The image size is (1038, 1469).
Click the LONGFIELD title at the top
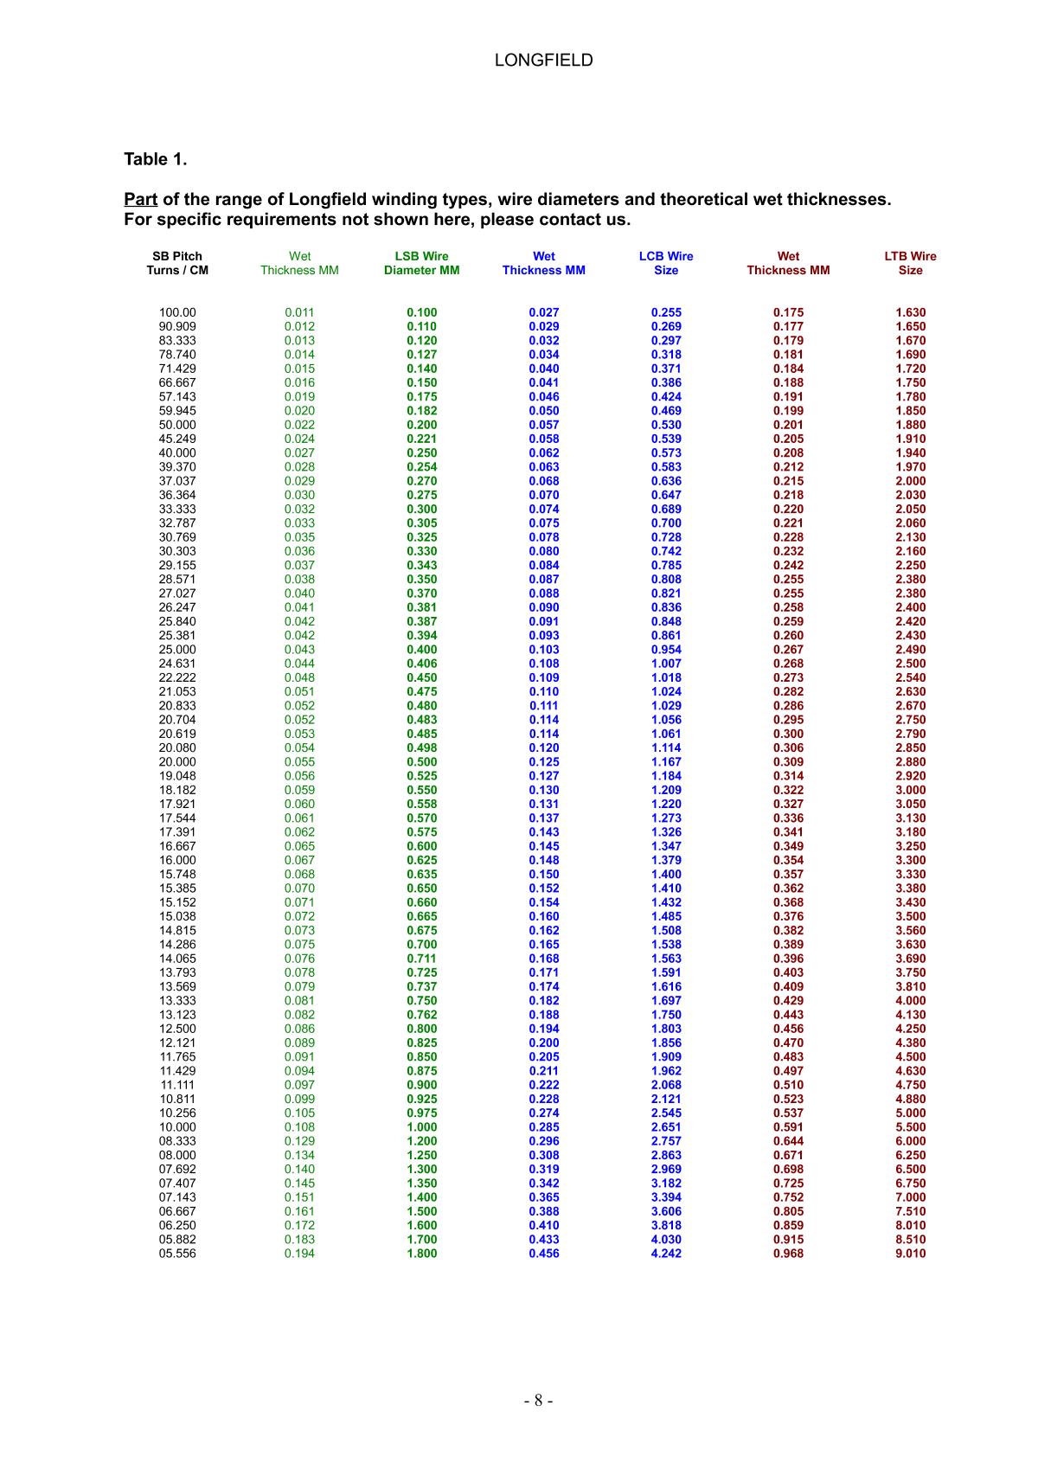tap(543, 60)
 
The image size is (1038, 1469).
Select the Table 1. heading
tap(156, 159)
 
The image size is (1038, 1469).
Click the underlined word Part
tap(140, 200)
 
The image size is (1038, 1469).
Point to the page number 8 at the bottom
tap(537, 1401)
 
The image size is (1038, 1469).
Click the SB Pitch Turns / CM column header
tap(177, 263)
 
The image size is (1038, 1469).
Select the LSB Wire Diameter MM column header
tap(421, 263)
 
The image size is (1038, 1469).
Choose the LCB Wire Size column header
tap(666, 263)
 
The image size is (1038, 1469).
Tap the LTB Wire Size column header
tap(910, 263)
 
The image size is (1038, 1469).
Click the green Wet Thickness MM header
tap(299, 263)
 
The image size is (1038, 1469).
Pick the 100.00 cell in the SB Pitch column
tap(177, 312)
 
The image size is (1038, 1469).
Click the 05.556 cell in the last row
tap(177, 1254)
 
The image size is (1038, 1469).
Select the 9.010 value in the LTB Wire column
tap(910, 1254)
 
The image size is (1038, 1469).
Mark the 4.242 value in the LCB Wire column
tap(666, 1254)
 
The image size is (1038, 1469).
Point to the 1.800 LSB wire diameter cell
tap(421, 1254)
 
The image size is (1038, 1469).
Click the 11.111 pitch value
tap(177, 1085)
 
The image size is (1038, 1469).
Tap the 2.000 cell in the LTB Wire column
tap(910, 481)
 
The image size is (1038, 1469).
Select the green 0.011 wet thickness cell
tap(299, 312)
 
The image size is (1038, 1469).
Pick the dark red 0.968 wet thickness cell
tap(788, 1254)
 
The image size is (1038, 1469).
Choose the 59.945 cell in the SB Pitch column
tap(177, 411)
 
